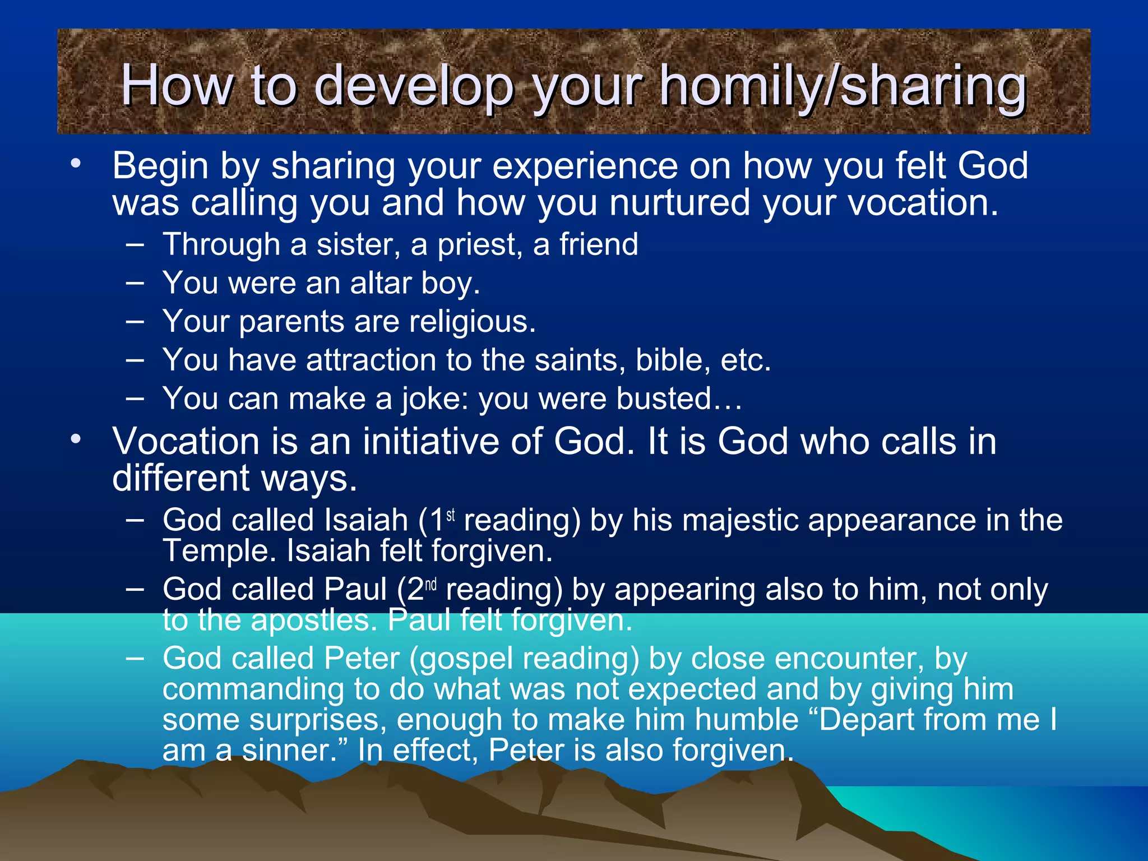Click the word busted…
pyautogui.click(x=679, y=399)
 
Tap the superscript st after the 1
pyautogui.click(x=451, y=515)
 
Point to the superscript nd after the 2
pyautogui.click(x=430, y=585)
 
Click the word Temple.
pyautogui.click(x=219, y=551)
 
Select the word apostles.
pyautogui.click(x=314, y=621)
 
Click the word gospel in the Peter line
pyautogui.click(x=464, y=659)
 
